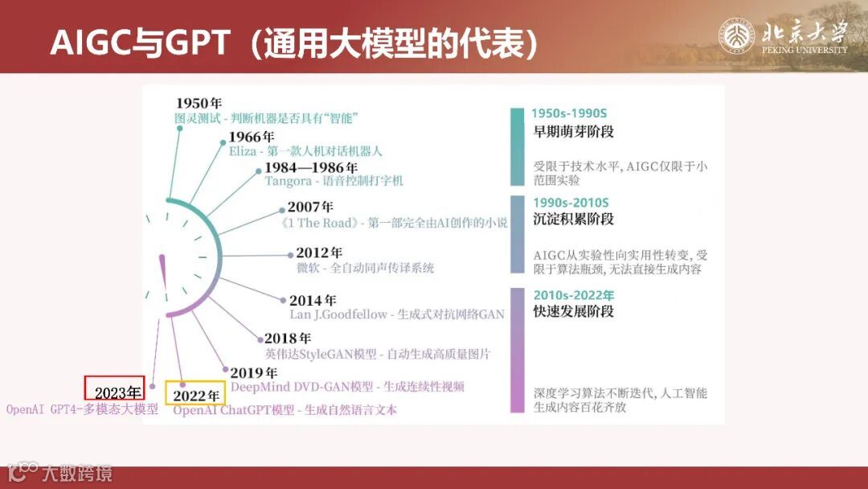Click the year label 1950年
click(x=199, y=104)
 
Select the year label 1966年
click(x=251, y=138)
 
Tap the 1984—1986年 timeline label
click(x=308, y=168)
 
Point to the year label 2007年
click(x=310, y=208)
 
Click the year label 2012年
click(x=318, y=253)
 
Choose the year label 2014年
click(x=312, y=300)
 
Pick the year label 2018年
click(x=288, y=339)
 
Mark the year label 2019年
click(x=253, y=373)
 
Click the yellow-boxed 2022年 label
click(x=196, y=395)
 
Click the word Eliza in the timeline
click(x=243, y=151)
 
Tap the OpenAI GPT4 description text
click(x=83, y=409)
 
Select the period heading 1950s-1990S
click(x=570, y=113)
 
